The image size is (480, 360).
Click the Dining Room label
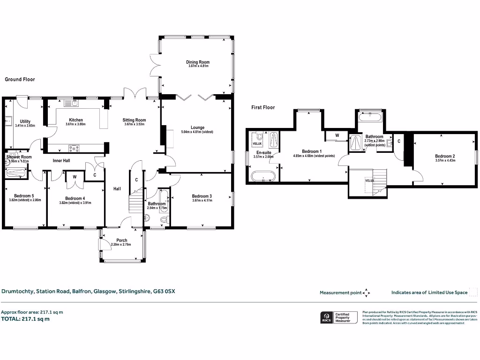[197, 62]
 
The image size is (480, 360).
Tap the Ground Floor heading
[20, 80]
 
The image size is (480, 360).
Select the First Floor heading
[263, 107]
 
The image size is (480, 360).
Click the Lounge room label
[197, 127]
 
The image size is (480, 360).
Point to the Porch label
[121, 240]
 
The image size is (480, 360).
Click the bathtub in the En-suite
[262, 177]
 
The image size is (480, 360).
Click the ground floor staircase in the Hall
[135, 200]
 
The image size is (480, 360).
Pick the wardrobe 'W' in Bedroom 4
[74, 177]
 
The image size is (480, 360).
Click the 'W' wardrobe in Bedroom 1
[337, 136]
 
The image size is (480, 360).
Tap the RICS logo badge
[325, 317]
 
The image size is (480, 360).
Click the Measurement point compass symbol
[367, 292]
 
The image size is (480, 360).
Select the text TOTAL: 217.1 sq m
[25, 319]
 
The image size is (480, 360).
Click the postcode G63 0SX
[164, 291]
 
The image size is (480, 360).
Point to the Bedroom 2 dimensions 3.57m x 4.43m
[444, 161]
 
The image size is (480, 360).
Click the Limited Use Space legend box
[474, 292]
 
